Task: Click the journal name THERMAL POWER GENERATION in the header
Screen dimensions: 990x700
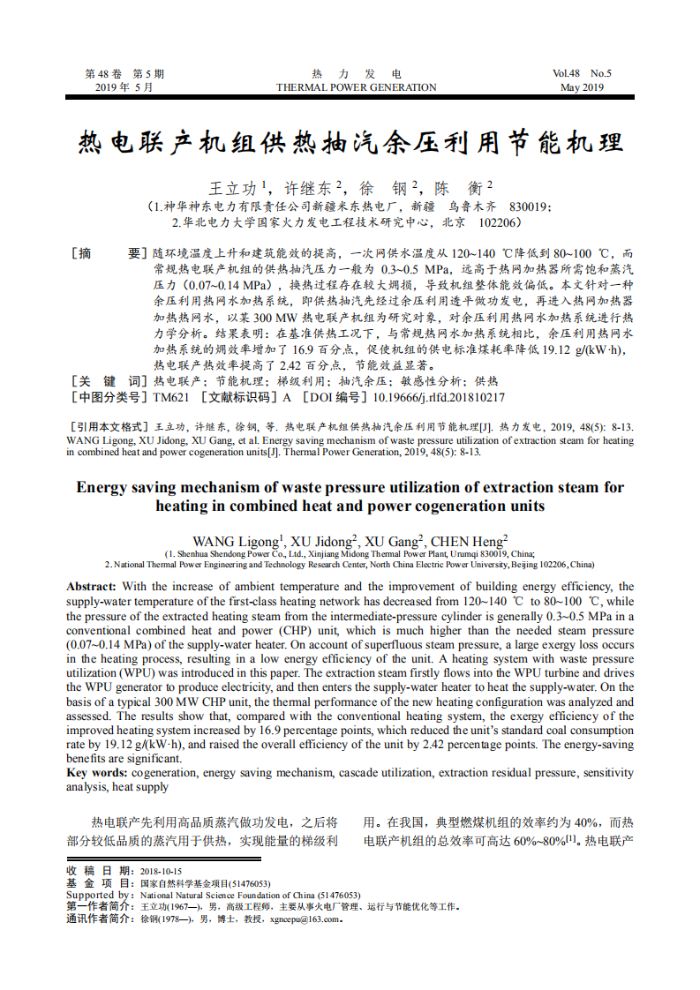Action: [x=356, y=87]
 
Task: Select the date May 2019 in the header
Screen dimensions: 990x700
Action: [x=582, y=87]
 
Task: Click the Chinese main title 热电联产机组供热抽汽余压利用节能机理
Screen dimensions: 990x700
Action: [x=350, y=142]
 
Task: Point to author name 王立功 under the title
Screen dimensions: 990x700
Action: [x=233, y=188]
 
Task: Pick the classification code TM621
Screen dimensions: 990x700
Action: [x=170, y=397]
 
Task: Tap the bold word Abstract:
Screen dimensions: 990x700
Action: [x=91, y=587]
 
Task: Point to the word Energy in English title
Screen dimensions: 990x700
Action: [x=101, y=487]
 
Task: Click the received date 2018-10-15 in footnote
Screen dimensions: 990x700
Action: [x=161, y=871]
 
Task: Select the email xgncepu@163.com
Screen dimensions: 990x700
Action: [x=305, y=919]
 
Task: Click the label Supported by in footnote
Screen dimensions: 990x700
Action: [x=99, y=895]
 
